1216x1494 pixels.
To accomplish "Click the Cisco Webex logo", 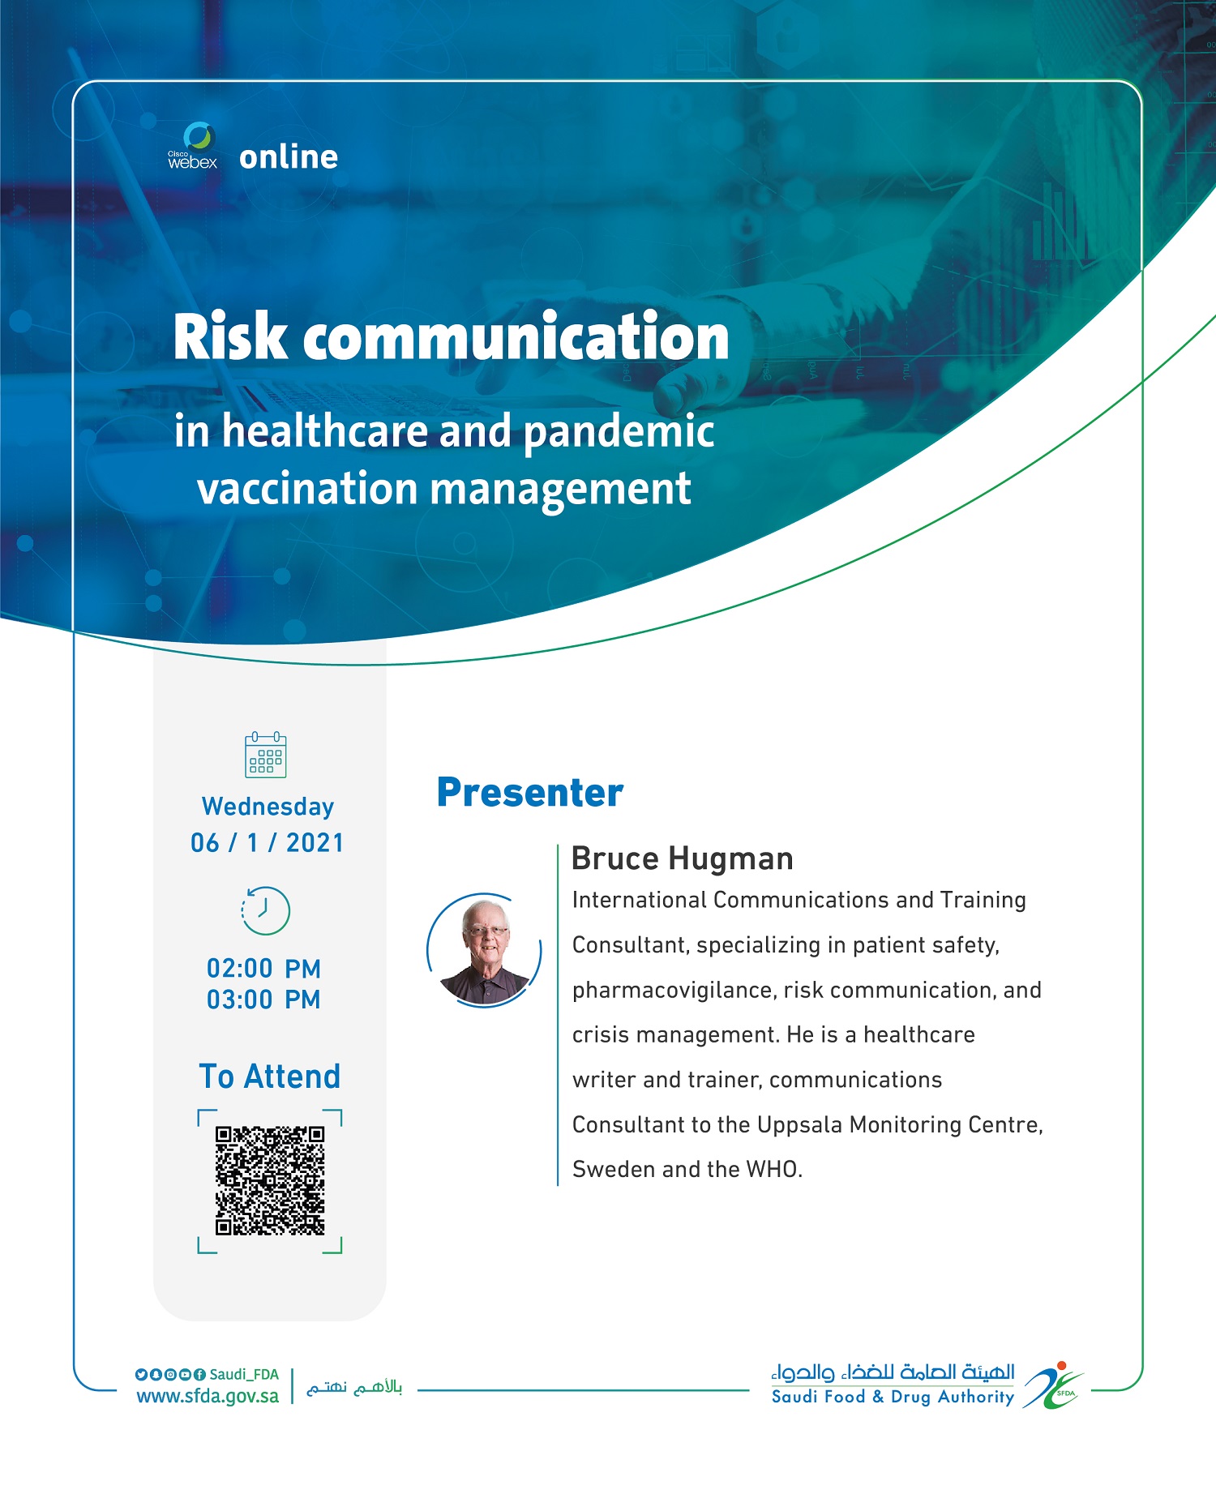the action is click(193, 146).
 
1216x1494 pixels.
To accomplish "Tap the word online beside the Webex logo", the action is click(289, 156).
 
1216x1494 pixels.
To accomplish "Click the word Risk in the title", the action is click(230, 336).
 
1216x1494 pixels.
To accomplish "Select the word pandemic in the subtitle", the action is click(619, 433).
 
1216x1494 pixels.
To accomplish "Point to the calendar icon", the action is click(266, 755).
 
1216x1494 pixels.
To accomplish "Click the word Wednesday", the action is click(268, 807).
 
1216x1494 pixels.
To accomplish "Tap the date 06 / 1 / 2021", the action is click(268, 843).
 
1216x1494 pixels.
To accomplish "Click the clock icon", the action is click(266, 910).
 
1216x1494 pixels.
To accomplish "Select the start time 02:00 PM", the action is click(264, 969).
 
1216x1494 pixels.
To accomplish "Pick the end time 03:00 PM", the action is click(264, 1000).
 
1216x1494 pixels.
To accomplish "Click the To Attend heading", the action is click(270, 1077).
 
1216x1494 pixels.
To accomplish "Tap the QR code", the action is click(270, 1180).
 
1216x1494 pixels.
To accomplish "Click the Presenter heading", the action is click(530, 793).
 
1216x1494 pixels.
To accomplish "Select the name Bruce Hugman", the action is click(683, 858).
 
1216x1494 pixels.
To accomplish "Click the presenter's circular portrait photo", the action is click(485, 950).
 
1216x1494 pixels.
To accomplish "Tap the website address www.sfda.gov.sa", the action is click(208, 1396).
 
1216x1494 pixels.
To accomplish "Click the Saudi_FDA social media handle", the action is click(244, 1374).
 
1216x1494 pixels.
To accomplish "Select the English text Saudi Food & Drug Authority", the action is click(893, 1397).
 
